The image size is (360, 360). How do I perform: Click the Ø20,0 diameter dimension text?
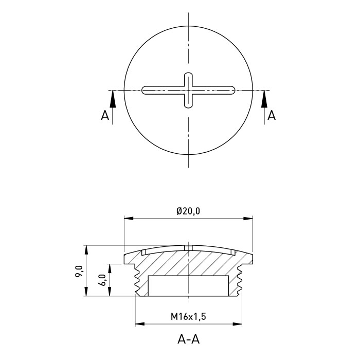(188, 211)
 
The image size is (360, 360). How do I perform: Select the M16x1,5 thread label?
(188, 317)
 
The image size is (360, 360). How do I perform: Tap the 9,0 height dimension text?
(79, 271)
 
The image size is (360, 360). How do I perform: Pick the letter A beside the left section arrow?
(105, 115)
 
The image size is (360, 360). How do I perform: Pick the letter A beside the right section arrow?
(272, 115)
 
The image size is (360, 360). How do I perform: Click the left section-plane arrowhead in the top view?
(113, 99)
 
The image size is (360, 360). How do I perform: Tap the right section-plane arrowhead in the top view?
(264, 99)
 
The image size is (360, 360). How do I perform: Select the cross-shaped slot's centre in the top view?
(189, 90)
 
